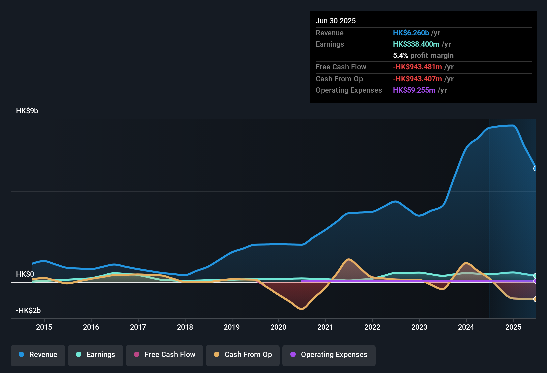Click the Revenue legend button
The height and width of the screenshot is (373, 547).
(x=38, y=355)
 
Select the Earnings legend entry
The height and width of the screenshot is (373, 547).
(x=96, y=355)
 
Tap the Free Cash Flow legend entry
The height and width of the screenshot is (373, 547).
(x=165, y=355)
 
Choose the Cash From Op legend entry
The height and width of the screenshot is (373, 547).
(x=243, y=355)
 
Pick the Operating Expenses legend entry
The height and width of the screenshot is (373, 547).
(x=329, y=355)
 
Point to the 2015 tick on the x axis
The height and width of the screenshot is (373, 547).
(x=44, y=327)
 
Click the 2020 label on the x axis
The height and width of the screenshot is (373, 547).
(x=278, y=327)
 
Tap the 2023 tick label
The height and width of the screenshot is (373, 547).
(x=419, y=327)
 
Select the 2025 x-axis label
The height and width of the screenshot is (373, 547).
(x=513, y=327)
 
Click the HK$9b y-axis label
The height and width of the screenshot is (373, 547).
(x=27, y=111)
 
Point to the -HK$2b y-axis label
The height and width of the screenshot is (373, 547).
(x=28, y=311)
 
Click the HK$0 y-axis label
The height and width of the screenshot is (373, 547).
(x=25, y=274)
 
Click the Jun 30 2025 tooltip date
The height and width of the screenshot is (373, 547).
(x=336, y=21)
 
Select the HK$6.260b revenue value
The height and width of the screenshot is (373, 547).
(x=411, y=33)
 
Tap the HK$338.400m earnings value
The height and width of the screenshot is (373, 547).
(x=416, y=44)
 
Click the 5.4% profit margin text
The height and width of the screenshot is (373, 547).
(x=423, y=56)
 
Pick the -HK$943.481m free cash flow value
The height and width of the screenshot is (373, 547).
(x=417, y=67)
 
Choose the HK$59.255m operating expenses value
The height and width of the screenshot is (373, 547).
(x=414, y=90)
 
